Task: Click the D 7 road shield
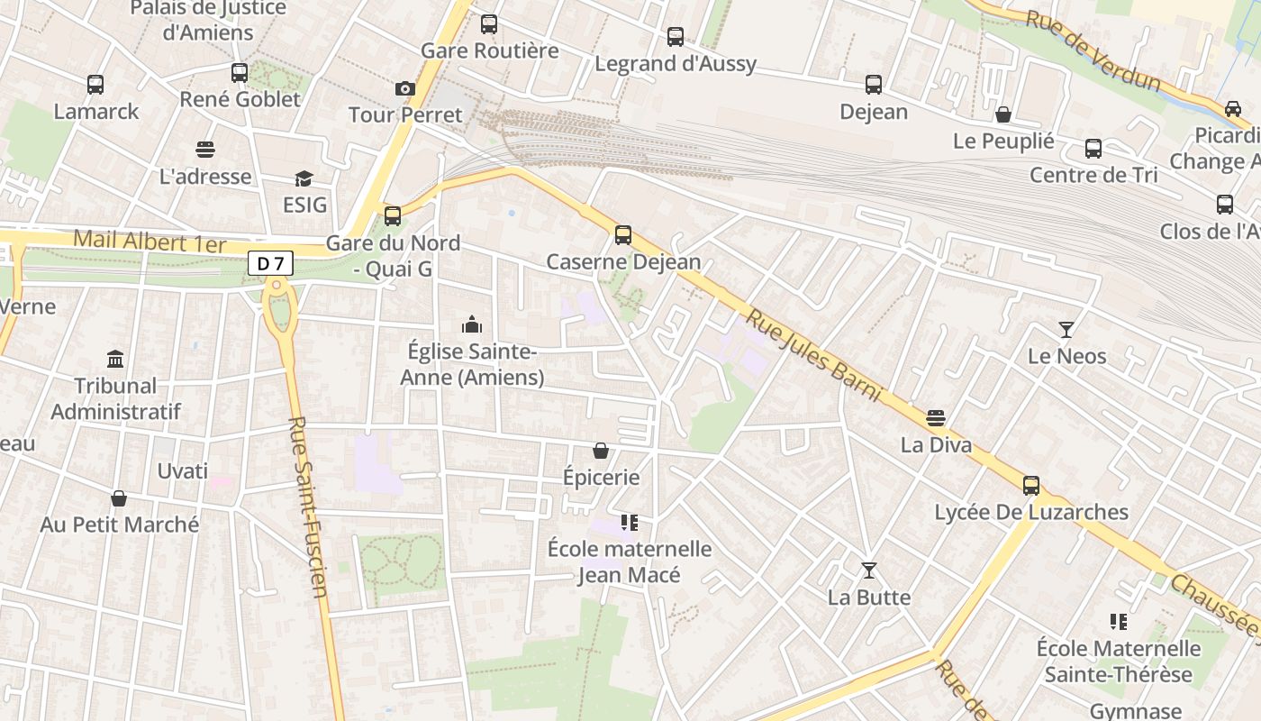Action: [x=270, y=263]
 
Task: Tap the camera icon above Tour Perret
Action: [x=405, y=88]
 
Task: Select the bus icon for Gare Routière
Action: [x=489, y=24]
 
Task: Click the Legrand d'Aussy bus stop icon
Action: [x=676, y=37]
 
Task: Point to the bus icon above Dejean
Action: [x=874, y=85]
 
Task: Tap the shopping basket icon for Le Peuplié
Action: [x=1003, y=114]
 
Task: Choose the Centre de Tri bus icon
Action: [x=1093, y=149]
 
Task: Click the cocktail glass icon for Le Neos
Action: [x=1067, y=330]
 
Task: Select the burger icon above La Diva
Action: [x=936, y=418]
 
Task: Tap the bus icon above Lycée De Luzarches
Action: [x=1031, y=486]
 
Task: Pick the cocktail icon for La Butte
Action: [x=869, y=570]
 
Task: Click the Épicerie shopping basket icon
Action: [x=601, y=451]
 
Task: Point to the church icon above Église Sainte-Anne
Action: [x=472, y=324]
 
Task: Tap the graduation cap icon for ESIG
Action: [x=304, y=178]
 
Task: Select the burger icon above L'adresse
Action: [x=205, y=150]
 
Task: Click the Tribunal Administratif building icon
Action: [x=116, y=360]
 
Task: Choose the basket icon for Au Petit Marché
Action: [x=119, y=498]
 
